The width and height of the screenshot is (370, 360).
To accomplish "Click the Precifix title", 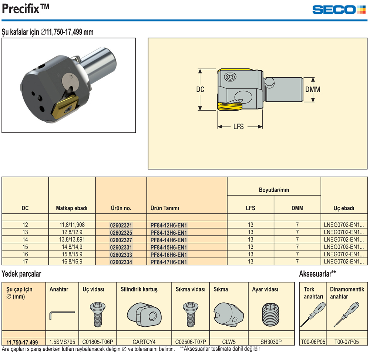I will (26, 9).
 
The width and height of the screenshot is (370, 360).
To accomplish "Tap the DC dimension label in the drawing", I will (200, 89).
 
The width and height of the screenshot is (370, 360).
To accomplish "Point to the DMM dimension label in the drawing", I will (313, 89).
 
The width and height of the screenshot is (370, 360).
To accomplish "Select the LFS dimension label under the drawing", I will (239, 127).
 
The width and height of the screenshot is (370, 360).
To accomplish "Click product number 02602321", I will (121, 225).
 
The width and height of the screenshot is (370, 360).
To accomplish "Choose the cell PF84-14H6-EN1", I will (169, 240).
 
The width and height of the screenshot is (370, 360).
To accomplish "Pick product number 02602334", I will (121, 262).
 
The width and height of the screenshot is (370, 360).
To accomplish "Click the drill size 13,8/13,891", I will (72, 239).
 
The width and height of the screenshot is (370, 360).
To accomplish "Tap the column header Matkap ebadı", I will (72, 208).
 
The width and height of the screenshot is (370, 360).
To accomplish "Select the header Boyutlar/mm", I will (274, 190).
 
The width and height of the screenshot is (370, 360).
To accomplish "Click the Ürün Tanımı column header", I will (165, 208).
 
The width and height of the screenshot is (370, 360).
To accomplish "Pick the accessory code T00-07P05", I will (347, 342).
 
